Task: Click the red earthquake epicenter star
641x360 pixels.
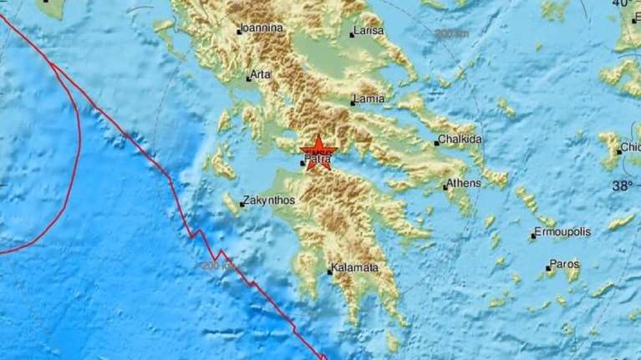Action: coord(318,153)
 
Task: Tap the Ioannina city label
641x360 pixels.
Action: coord(262,28)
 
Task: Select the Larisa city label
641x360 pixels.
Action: coord(369,31)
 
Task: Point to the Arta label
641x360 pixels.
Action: coord(261,74)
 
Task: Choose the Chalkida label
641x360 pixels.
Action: coord(462,139)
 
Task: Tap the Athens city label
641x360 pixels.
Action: coord(465,183)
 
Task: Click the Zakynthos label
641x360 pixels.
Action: coord(269,201)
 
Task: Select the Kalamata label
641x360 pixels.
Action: coord(355,268)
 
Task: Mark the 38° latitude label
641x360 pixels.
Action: coord(622,185)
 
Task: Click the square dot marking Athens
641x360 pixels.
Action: coord(445,187)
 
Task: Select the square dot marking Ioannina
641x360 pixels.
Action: coord(239,33)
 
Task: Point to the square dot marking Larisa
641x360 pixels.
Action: coord(352,35)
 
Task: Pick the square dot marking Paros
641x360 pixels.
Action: coord(547,270)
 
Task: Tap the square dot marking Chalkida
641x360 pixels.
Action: coord(436,144)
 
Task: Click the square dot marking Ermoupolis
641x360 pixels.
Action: coord(532,237)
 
